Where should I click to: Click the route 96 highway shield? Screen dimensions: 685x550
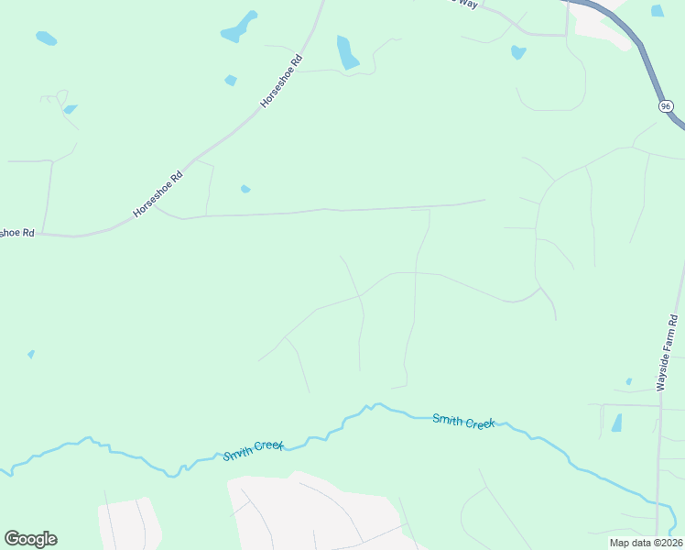coord(666,106)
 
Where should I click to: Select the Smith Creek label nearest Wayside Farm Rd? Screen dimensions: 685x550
coord(463,421)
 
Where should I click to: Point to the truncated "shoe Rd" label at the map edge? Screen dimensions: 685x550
coord(16,233)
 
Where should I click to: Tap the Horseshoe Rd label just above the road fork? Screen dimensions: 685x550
coord(158,192)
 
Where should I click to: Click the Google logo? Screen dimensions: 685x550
coord(30,538)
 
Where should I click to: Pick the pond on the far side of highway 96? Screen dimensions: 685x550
coord(657,11)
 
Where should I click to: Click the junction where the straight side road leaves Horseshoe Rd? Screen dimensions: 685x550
coord(155,207)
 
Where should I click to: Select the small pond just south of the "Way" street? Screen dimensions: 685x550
coord(518,52)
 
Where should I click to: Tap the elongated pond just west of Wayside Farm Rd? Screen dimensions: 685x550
coord(616,423)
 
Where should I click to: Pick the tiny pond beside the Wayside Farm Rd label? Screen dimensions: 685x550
coord(628,380)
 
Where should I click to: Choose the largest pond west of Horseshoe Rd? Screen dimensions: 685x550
coord(239,27)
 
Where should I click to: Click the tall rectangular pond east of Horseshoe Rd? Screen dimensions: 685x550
coord(347,52)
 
